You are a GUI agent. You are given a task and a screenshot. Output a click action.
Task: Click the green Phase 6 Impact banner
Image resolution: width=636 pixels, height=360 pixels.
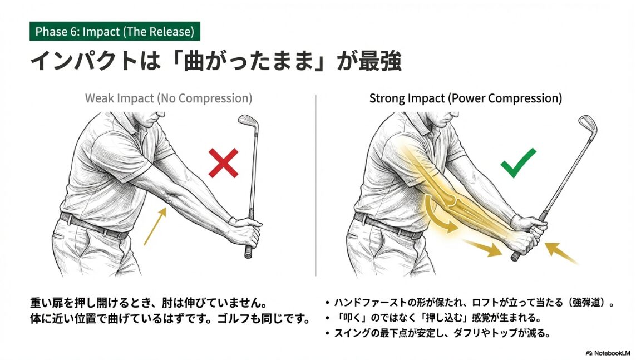point(115,32)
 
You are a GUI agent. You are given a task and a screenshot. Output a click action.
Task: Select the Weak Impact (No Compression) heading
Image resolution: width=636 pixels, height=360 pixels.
point(168,98)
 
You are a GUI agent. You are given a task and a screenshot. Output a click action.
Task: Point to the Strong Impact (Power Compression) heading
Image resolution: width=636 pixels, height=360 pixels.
point(465,98)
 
